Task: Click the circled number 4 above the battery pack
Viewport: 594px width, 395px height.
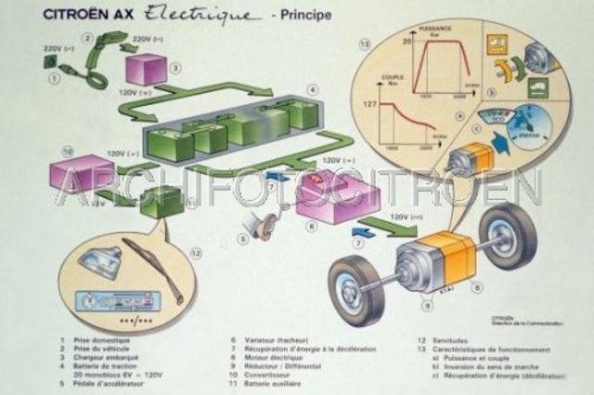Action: point(313,90)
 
